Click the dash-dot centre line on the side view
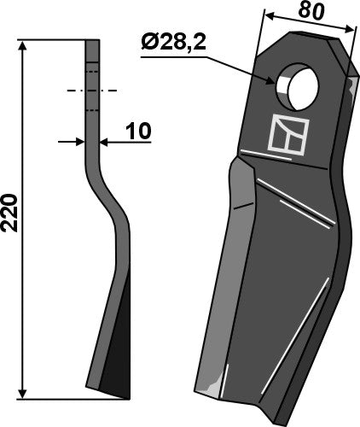[x=91, y=90]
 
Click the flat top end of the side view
[x=92, y=40]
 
